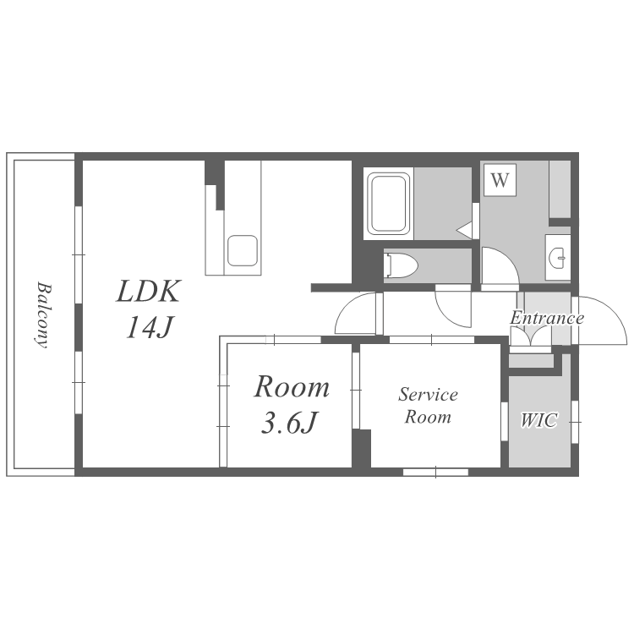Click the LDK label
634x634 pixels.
tap(148, 291)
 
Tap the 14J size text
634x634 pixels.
tap(150, 327)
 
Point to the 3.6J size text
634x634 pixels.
tap(289, 423)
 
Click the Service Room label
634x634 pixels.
tap(429, 406)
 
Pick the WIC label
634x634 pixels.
tap(539, 420)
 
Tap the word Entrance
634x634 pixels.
tap(547, 318)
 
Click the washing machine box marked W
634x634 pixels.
tap(500, 180)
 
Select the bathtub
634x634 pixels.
tap(388, 204)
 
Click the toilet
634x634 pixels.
tap(401, 265)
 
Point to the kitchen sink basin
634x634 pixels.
tap(243, 251)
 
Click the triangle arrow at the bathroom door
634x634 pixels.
tap(464, 230)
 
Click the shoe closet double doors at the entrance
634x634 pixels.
tap(531, 336)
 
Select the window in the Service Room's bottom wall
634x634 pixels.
tap(436, 472)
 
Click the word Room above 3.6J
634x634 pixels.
tap(292, 387)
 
